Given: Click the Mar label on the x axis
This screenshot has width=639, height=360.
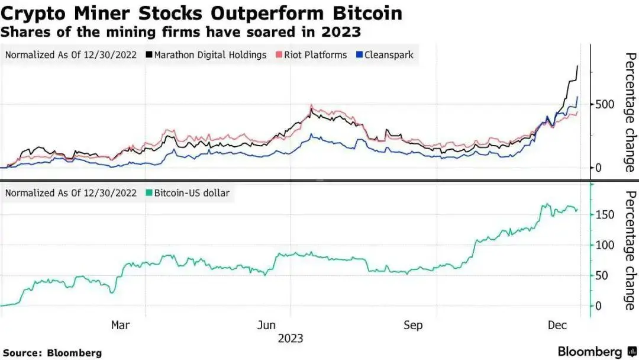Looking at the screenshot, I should pyautogui.click(x=120, y=325).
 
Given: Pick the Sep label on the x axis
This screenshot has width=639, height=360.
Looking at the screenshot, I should pyautogui.click(x=413, y=325).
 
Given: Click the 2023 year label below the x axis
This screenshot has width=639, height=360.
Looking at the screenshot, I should pyautogui.click(x=291, y=339).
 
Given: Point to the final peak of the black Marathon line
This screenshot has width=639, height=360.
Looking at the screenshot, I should pyautogui.click(x=577, y=66).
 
